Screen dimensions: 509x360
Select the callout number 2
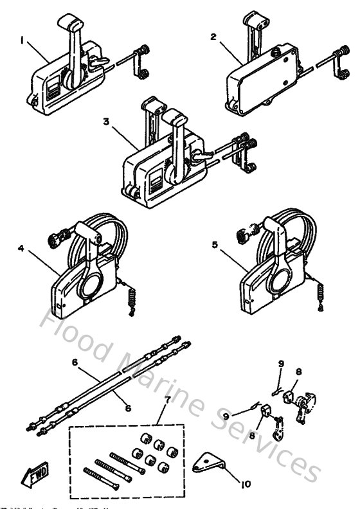coord(213,37)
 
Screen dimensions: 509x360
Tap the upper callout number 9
coord(280,364)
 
